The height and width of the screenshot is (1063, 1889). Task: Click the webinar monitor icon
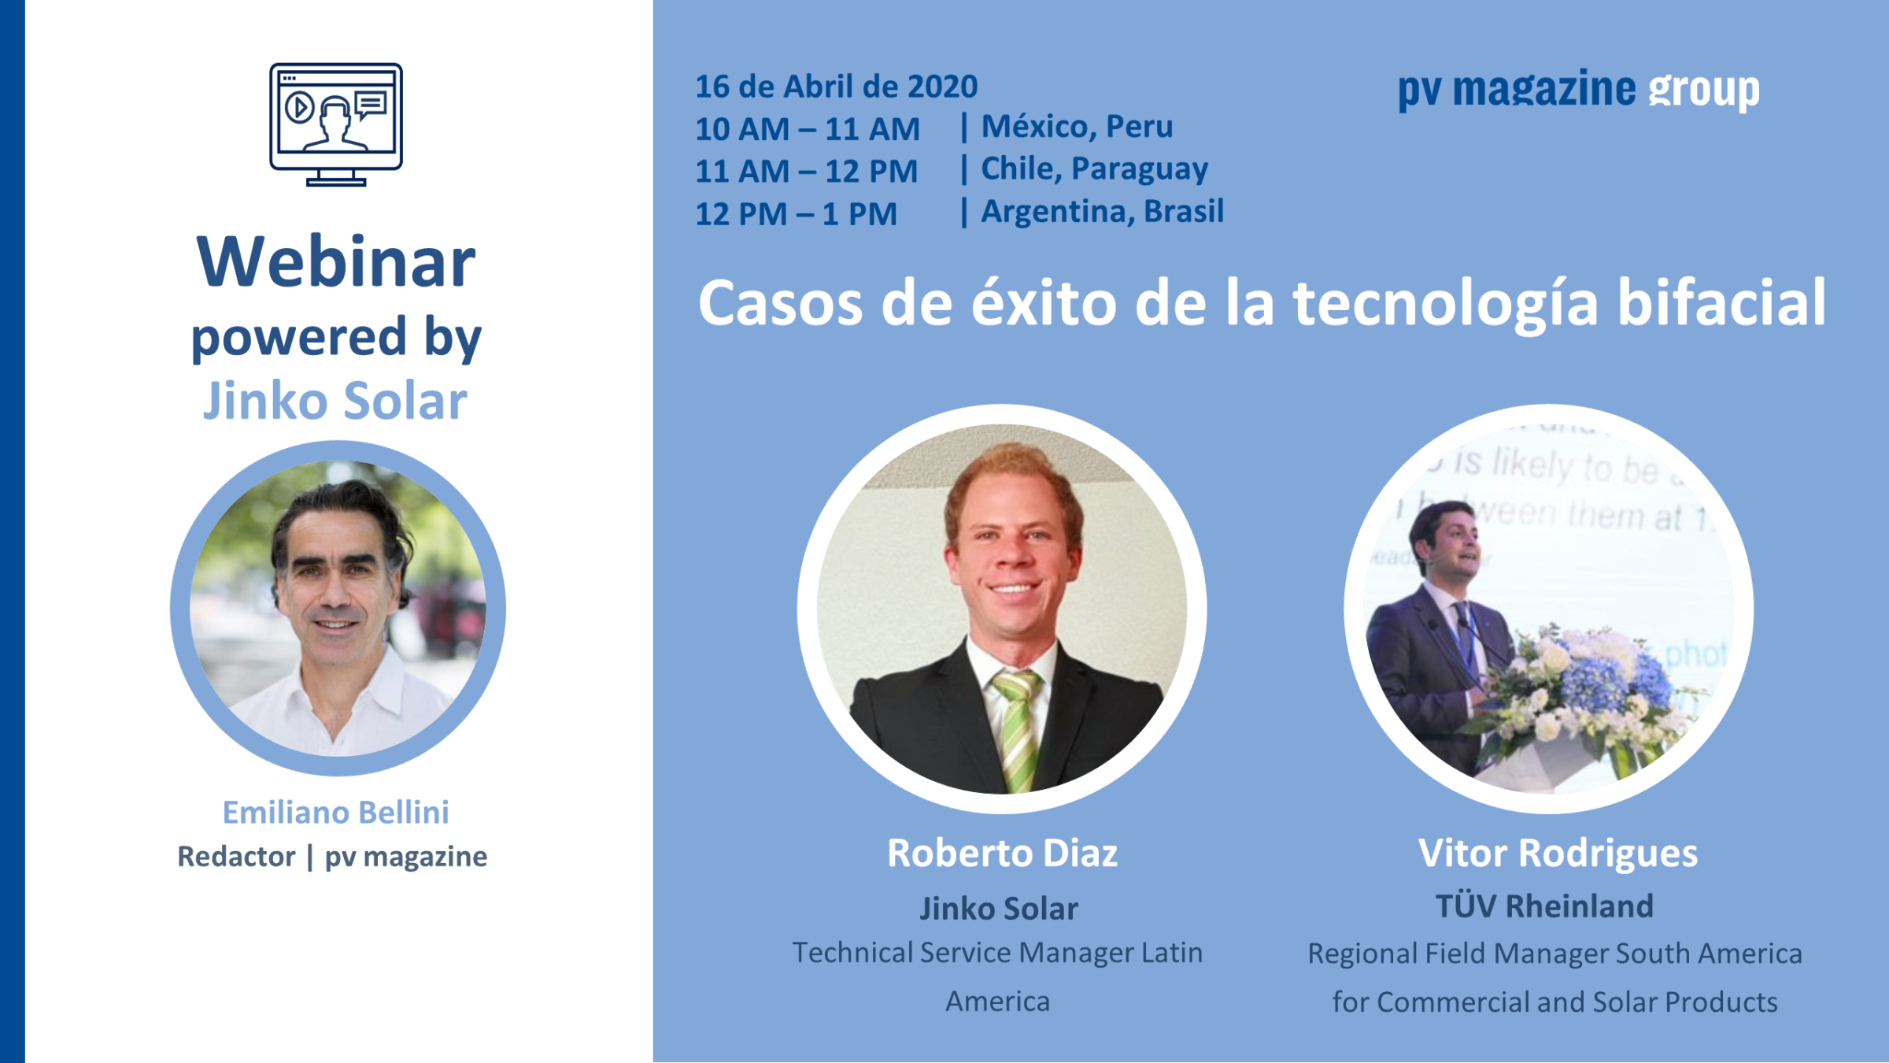tap(336, 124)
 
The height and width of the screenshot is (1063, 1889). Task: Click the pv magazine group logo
tap(1578, 90)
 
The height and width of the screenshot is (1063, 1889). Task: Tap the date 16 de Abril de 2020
tap(836, 87)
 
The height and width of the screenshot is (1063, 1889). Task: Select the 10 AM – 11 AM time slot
tap(808, 129)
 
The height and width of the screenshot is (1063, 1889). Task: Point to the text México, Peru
tap(1077, 127)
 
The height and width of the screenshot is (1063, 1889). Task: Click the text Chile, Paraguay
tap(1094, 169)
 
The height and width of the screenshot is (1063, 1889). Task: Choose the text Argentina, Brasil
tap(1102, 211)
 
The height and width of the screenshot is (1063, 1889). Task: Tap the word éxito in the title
tap(1044, 302)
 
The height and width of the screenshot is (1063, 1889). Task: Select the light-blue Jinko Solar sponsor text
tap(335, 401)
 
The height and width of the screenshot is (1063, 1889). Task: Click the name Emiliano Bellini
tap(336, 812)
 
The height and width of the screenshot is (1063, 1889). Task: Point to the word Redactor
tap(236, 856)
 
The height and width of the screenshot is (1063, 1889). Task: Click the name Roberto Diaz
tap(1002, 853)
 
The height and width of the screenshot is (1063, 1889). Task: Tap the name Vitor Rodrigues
tap(1558, 854)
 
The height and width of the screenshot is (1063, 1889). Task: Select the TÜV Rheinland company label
tap(1544, 906)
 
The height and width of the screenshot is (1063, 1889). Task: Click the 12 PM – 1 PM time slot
tap(796, 214)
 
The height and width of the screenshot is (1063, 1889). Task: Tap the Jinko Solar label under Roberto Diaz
tap(999, 909)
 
